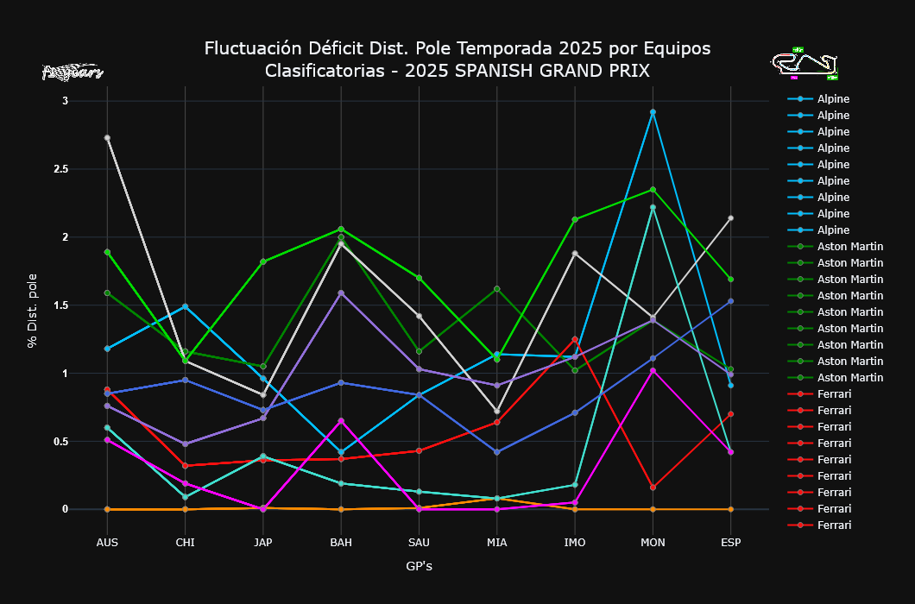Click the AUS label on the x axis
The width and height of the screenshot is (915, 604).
click(x=107, y=542)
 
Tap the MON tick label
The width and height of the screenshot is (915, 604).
click(x=653, y=542)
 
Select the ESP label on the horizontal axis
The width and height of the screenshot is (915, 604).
click(x=730, y=542)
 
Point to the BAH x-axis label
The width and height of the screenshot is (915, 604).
click(x=341, y=542)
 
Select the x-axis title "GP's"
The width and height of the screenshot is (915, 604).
click(x=419, y=566)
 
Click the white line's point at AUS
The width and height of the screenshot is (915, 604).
click(x=107, y=138)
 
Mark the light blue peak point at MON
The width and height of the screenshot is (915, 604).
click(x=653, y=112)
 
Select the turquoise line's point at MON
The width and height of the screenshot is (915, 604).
click(x=653, y=207)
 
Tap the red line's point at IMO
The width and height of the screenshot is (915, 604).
click(x=575, y=339)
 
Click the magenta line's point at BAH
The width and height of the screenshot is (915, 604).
click(x=341, y=421)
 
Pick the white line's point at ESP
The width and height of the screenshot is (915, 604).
click(x=730, y=218)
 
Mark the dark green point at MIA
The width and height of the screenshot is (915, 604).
click(x=497, y=289)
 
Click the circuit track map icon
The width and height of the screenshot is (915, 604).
click(x=805, y=63)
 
